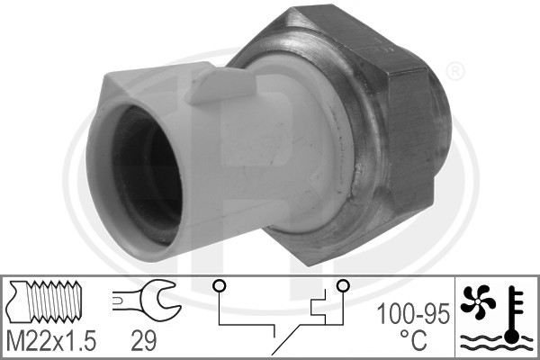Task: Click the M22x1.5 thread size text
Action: (x=51, y=341)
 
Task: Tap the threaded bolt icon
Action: (x=46, y=301)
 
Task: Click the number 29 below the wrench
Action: (x=144, y=341)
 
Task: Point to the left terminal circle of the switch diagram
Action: (x=220, y=285)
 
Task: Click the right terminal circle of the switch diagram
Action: (x=343, y=285)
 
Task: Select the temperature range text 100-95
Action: (x=413, y=313)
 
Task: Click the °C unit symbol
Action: (x=413, y=339)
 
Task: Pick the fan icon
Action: (x=478, y=301)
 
